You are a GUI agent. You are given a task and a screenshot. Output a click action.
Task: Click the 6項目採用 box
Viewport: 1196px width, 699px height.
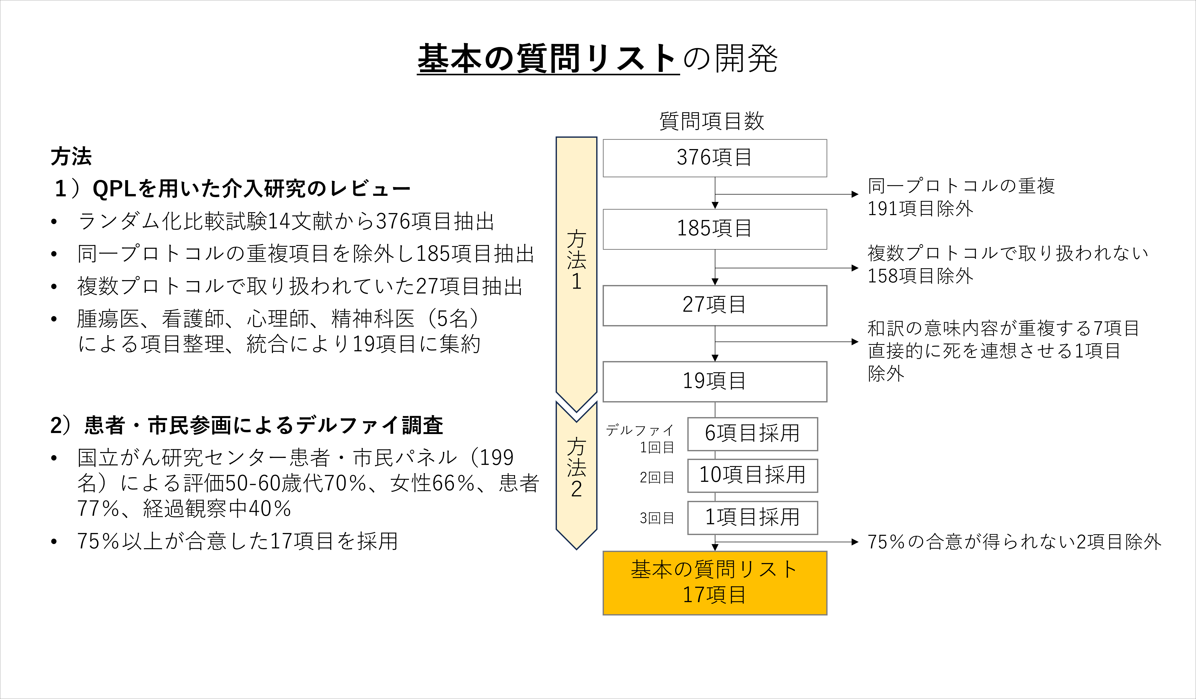pyautogui.click(x=752, y=434)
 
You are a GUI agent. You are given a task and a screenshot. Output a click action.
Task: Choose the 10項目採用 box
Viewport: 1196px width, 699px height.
pyautogui.click(x=752, y=475)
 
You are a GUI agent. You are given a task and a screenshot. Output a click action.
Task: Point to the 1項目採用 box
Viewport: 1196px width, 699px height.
pyautogui.click(x=752, y=517)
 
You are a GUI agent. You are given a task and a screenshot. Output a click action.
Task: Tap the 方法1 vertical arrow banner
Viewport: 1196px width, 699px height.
pyautogui.click(x=576, y=266)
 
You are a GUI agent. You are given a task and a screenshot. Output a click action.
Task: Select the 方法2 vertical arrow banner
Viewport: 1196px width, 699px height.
pyautogui.click(x=576, y=470)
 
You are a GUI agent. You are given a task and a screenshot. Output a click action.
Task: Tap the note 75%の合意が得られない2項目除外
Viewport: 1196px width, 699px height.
pyautogui.click(x=1014, y=542)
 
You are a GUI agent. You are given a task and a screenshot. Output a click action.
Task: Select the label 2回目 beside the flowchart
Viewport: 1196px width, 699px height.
pyautogui.click(x=657, y=477)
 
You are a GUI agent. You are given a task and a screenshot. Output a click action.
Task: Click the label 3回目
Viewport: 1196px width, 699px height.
pyautogui.click(x=657, y=518)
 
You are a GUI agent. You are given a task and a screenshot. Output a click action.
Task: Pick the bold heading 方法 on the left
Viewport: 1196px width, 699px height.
pyautogui.click(x=71, y=157)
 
